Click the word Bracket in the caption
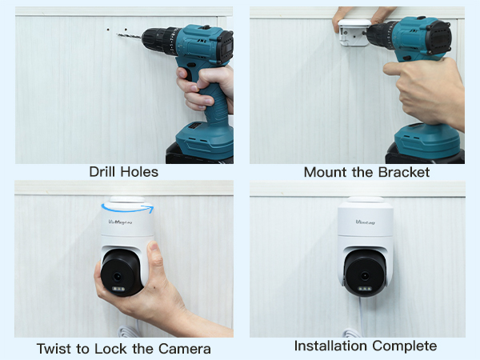(403, 172)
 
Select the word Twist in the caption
(54, 349)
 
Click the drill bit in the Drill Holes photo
(129, 35)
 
